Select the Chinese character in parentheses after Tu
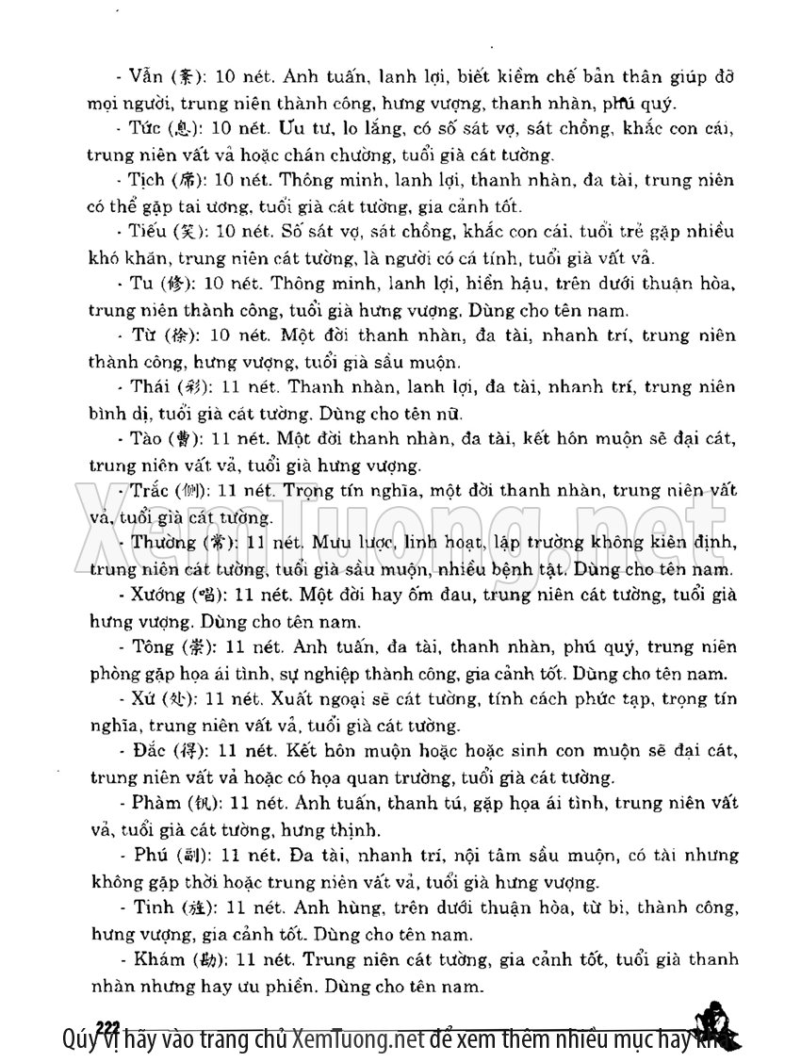coord(178,284)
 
